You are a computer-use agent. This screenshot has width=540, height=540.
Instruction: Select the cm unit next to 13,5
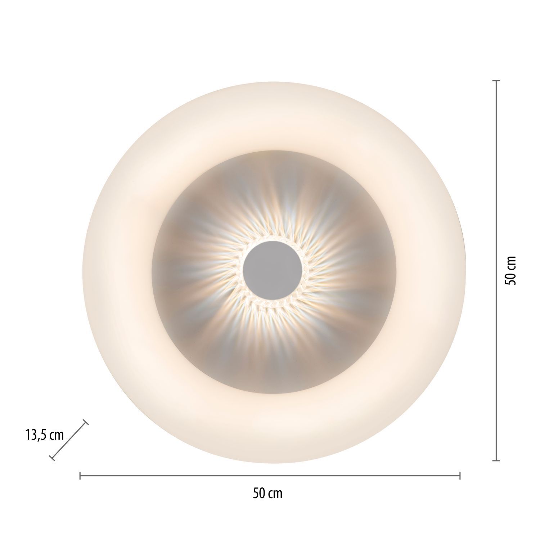[x=56, y=436]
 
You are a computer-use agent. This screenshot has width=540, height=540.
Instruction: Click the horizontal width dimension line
[x=270, y=476]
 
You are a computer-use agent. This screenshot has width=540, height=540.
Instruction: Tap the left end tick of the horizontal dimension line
[x=80, y=476]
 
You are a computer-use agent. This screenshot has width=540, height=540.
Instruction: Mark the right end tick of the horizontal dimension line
[x=460, y=476]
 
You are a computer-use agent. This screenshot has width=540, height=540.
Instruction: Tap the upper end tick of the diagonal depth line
[x=86, y=423]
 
